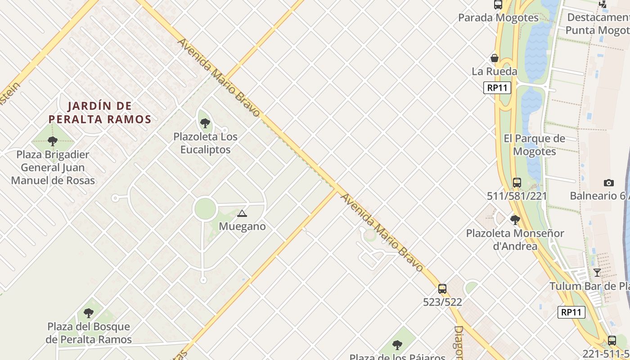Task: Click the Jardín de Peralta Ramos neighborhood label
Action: point(99,112)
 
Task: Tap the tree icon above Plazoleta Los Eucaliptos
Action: point(205,123)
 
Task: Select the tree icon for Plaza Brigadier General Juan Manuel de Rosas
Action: point(53,141)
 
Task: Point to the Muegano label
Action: point(242,226)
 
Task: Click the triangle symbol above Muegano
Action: point(242,213)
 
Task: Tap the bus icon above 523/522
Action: point(442,289)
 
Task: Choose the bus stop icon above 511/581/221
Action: point(517,183)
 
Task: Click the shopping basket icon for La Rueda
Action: point(495,58)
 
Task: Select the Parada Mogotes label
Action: point(498,18)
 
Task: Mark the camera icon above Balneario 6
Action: point(609,183)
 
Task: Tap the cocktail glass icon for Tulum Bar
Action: point(597,273)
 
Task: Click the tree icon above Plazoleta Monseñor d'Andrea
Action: point(515,220)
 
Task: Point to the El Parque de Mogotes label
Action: point(534,145)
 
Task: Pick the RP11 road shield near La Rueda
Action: point(497,88)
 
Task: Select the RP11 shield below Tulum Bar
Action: point(571,312)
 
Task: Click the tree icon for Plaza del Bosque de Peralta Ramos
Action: point(89,313)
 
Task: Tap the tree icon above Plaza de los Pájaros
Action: point(397,345)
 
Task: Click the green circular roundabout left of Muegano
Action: point(205,209)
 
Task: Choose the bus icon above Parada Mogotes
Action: point(498,5)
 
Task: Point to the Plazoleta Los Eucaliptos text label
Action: point(205,143)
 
